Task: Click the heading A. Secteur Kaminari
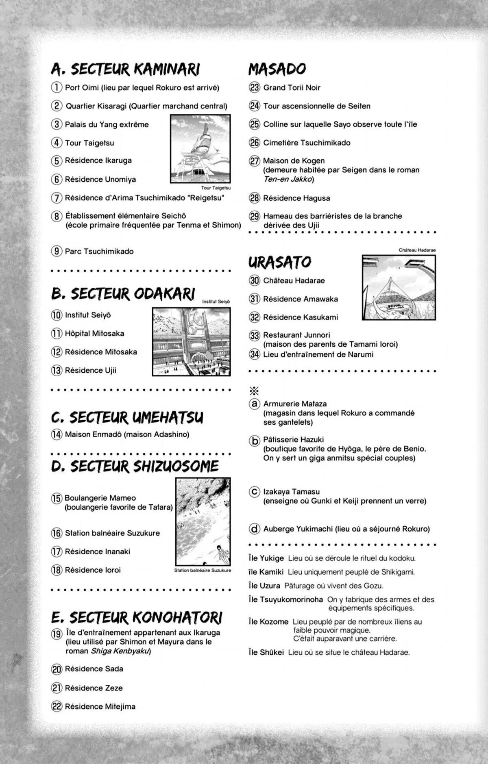pyautogui.click(x=125, y=69)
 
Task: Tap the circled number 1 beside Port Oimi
pyautogui.click(x=57, y=87)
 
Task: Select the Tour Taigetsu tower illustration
pyautogui.click(x=200, y=149)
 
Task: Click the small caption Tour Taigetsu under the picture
pyautogui.click(x=216, y=188)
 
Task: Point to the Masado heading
pyautogui.click(x=277, y=69)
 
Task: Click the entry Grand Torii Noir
pyautogui.click(x=292, y=87)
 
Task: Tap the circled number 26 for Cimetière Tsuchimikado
pyautogui.click(x=255, y=143)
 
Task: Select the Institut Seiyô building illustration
pyautogui.click(x=191, y=341)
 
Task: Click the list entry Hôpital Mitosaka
pyautogui.click(x=94, y=334)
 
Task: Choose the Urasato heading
pyautogui.click(x=280, y=262)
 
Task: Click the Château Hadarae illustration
pyautogui.click(x=399, y=287)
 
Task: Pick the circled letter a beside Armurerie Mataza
pyautogui.click(x=255, y=404)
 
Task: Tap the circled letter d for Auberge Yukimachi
pyautogui.click(x=255, y=529)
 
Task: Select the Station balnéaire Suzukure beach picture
pyautogui.click(x=203, y=521)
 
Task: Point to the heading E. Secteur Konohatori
pyautogui.click(x=137, y=618)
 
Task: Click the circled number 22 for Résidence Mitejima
pyautogui.click(x=57, y=706)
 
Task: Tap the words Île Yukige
pyautogui.click(x=266, y=558)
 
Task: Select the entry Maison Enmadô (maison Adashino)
pyautogui.click(x=127, y=434)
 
